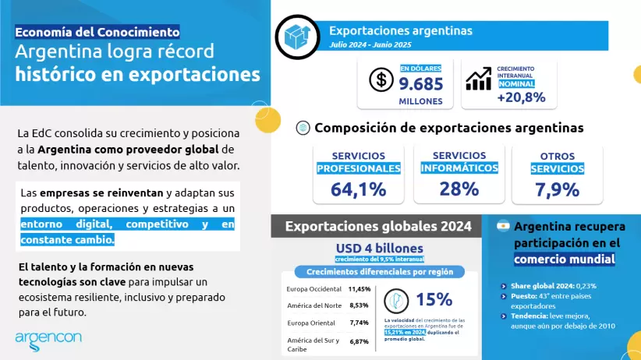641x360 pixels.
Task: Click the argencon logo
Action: click(x=48, y=337)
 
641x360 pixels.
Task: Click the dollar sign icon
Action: click(x=381, y=79)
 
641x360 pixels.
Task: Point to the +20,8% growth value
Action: click(x=521, y=97)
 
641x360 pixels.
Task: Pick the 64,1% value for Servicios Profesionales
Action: click(x=359, y=189)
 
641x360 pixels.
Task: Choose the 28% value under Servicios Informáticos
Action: click(x=459, y=189)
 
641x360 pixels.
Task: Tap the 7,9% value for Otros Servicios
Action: click(x=557, y=189)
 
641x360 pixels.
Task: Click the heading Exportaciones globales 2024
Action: click(x=378, y=227)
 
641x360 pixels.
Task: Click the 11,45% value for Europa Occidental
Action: click(x=359, y=289)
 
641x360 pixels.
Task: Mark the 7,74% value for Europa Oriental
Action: click(x=359, y=322)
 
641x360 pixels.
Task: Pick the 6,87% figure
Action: click(x=359, y=341)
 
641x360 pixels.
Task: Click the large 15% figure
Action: click(x=434, y=299)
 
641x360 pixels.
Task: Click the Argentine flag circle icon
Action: click(x=503, y=226)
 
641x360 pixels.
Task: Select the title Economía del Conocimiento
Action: click(x=97, y=32)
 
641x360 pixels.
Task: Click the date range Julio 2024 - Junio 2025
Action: click(x=370, y=46)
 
